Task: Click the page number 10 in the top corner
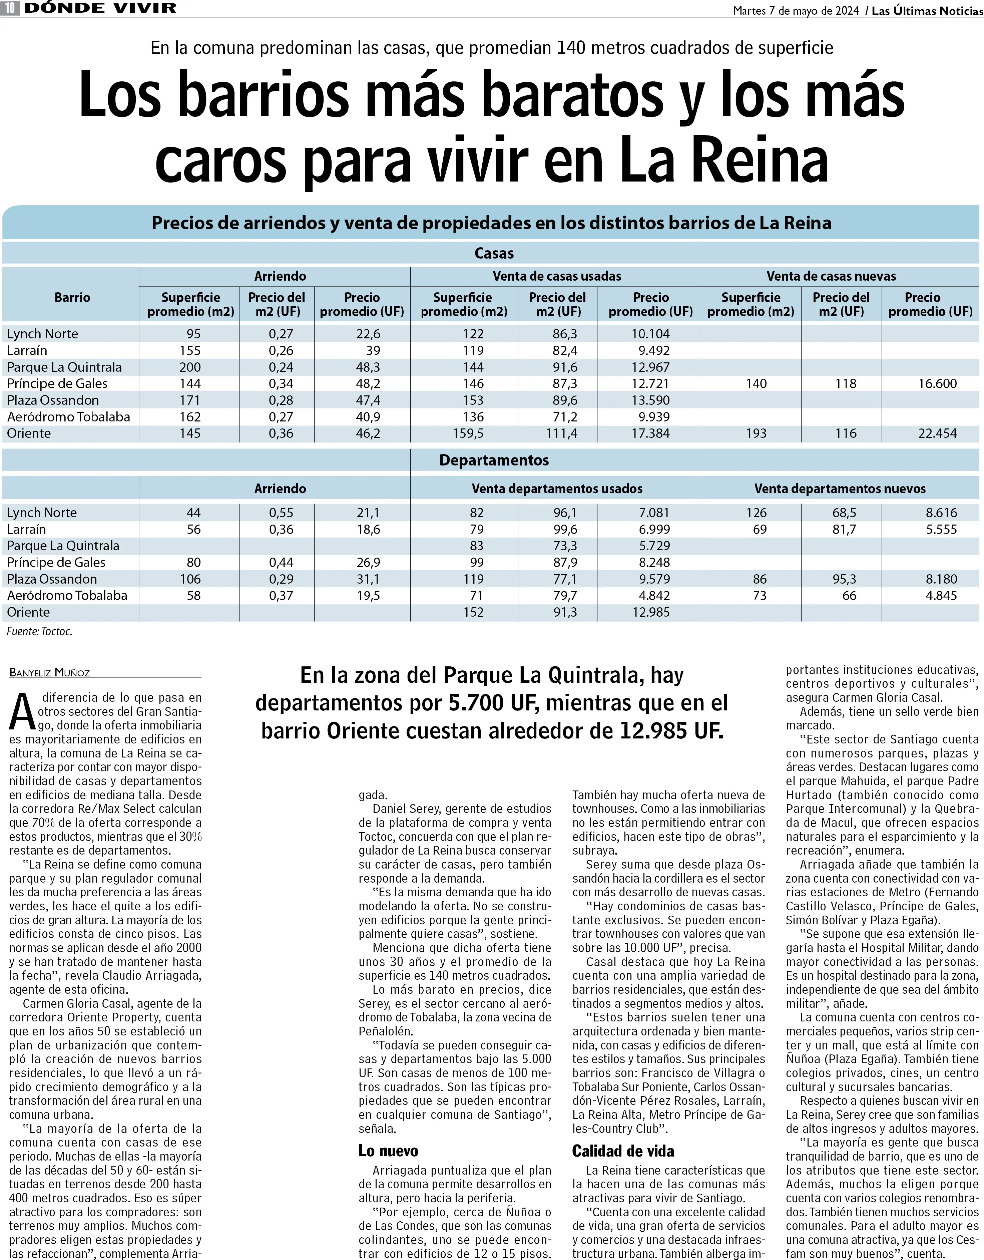(x=10, y=8)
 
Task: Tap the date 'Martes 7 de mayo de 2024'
(x=796, y=10)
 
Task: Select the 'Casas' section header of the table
(x=494, y=253)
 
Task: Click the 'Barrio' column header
(x=72, y=298)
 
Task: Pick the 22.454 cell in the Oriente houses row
(x=937, y=433)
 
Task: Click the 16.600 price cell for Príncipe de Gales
(x=937, y=384)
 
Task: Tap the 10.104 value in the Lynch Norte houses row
(x=651, y=334)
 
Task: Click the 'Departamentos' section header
(x=494, y=460)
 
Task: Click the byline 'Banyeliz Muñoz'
(x=50, y=673)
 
